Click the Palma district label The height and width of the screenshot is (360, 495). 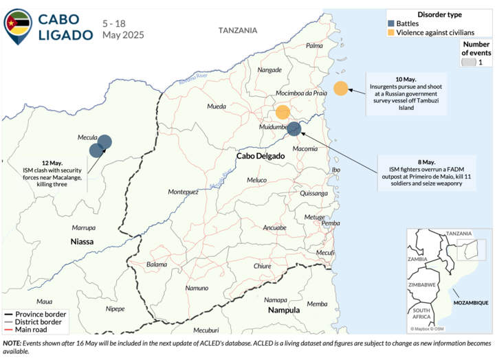click(x=314, y=45)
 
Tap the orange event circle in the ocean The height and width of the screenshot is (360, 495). click(x=340, y=88)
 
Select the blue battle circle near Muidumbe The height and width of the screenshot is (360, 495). click(x=294, y=128)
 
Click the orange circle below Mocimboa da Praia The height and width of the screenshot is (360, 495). click(x=282, y=112)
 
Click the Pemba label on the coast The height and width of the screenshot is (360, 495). click(x=331, y=223)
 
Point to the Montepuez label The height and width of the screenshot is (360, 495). click(x=183, y=191)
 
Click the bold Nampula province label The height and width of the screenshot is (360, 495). click(x=283, y=310)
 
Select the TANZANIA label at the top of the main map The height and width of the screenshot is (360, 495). click(x=238, y=30)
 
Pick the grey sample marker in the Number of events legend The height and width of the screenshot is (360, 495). click(x=467, y=63)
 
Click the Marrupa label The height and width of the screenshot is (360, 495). click(x=83, y=227)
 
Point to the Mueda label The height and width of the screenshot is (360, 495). click(x=217, y=107)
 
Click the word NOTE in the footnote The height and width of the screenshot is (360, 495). click(x=12, y=342)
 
